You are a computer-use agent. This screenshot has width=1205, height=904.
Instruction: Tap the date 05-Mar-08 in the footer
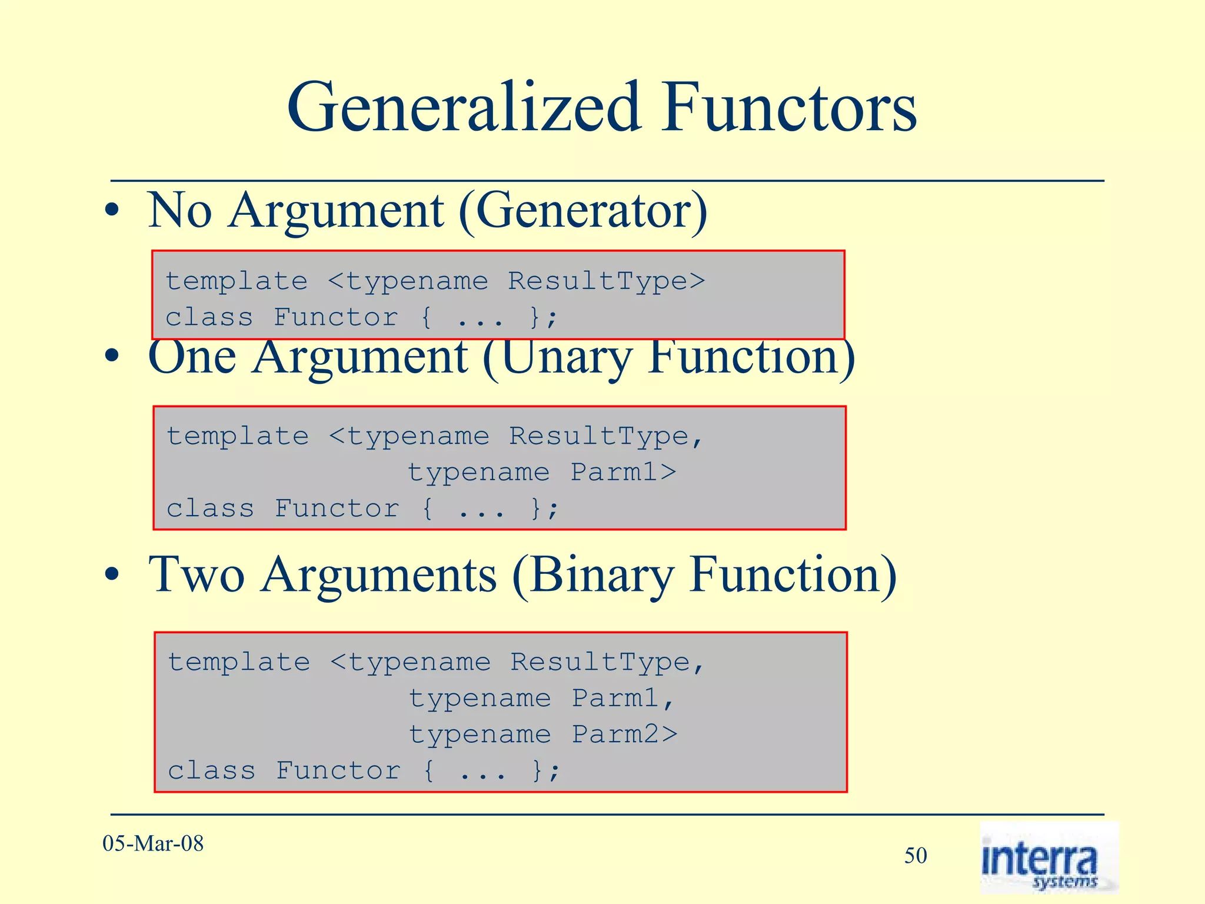(153, 843)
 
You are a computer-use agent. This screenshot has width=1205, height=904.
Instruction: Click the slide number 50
(916, 855)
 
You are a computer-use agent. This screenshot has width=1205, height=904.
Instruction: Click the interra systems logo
(1048, 858)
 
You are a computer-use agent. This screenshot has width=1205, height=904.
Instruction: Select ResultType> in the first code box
(606, 281)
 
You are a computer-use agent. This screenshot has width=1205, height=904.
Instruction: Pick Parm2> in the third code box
(625, 734)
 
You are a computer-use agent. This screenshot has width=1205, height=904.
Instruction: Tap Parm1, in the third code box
(623, 698)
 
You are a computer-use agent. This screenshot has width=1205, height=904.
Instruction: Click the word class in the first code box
(209, 318)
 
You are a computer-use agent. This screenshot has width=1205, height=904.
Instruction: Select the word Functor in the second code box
(337, 508)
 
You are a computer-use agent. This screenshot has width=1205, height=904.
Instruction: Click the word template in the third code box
(239, 662)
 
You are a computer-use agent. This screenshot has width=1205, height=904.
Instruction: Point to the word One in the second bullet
(192, 358)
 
